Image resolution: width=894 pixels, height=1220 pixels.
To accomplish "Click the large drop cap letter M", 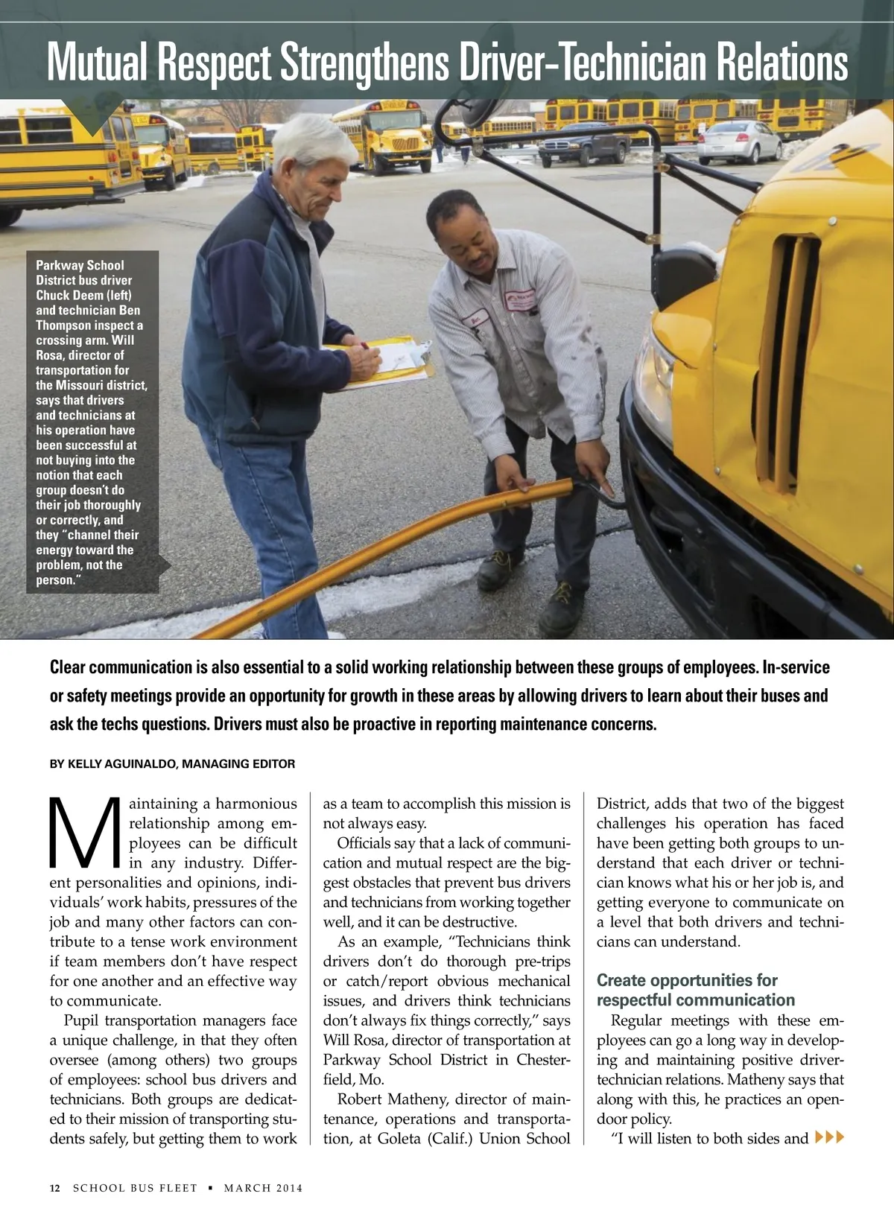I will click(84, 833).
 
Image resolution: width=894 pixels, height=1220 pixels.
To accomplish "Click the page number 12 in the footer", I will click(55, 1188).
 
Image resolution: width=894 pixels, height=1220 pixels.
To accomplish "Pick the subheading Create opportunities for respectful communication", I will click(695, 990).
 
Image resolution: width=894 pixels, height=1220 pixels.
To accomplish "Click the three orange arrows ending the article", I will click(831, 1137).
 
